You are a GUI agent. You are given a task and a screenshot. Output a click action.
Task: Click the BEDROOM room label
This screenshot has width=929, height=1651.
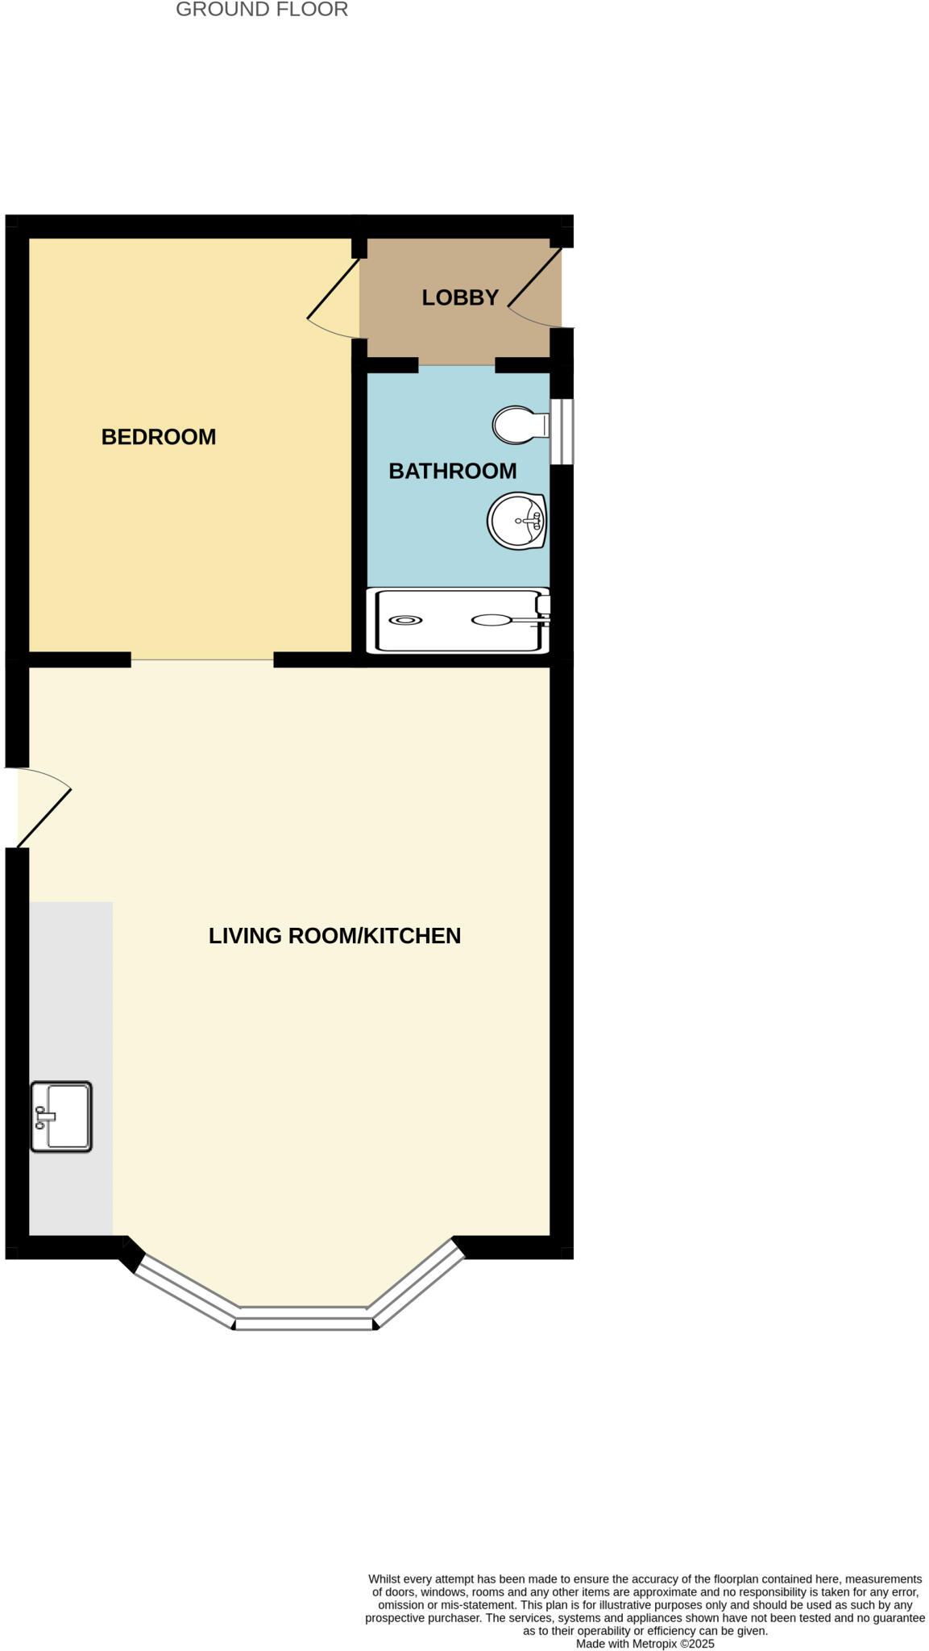[x=158, y=437]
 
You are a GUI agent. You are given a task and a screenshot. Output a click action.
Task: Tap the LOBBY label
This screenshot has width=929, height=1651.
[x=460, y=297]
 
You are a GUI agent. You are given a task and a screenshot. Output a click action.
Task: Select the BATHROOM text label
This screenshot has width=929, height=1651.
[x=452, y=471]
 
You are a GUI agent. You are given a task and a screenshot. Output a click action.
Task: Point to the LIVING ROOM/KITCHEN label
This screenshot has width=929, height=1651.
[x=334, y=935]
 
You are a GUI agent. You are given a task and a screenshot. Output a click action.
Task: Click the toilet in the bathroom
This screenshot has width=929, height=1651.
[x=518, y=425]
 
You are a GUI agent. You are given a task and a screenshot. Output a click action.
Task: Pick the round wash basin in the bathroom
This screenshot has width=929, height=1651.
[x=516, y=521]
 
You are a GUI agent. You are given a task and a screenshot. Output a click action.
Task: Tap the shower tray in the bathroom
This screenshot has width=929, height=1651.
[x=458, y=620]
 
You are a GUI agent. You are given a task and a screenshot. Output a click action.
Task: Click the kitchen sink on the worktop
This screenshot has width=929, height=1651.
[x=62, y=1117]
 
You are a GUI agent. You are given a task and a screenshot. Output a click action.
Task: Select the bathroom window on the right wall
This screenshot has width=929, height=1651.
[x=562, y=431]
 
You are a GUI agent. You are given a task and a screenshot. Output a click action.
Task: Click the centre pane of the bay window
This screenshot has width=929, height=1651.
[x=305, y=1323]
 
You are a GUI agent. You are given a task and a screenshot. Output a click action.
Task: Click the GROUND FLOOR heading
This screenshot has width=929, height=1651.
[x=262, y=10]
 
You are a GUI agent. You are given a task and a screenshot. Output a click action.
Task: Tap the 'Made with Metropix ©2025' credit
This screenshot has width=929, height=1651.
[x=645, y=1644]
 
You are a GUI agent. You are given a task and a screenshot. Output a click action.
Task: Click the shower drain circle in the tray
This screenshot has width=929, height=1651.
[x=404, y=620]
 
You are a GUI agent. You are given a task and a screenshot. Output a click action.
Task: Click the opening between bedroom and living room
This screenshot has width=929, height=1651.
[x=202, y=659]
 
